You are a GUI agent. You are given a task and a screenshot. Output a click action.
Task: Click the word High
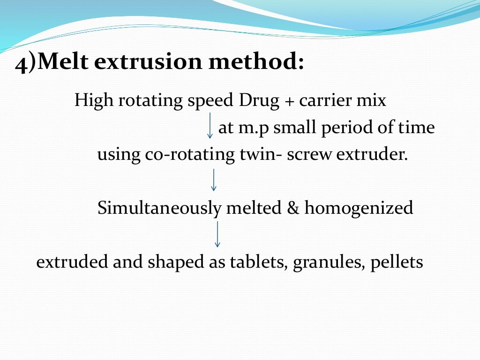click(x=91, y=100)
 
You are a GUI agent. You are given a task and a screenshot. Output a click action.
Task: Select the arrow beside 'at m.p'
click(x=210, y=125)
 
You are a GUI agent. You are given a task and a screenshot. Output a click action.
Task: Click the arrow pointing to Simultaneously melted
click(x=214, y=180)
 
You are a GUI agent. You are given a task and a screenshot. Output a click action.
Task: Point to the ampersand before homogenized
click(x=293, y=208)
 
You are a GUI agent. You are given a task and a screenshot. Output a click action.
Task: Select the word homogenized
click(x=359, y=208)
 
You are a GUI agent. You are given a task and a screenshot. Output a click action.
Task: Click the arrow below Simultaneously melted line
click(x=217, y=234)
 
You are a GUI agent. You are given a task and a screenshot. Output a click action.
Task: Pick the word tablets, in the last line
click(x=259, y=262)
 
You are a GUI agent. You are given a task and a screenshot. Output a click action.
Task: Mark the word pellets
click(x=397, y=262)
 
